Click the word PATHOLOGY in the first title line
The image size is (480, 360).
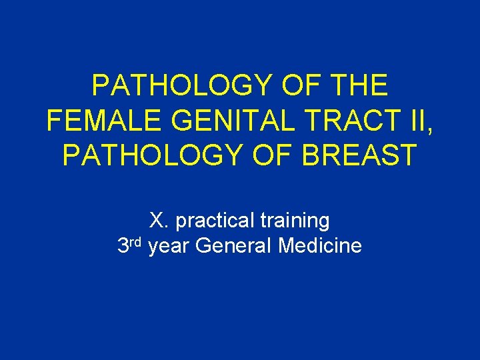click(181, 86)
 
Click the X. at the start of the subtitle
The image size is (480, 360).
click(159, 219)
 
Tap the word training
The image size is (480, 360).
click(297, 220)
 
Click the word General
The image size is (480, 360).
click(234, 246)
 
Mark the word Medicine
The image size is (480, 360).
click(320, 246)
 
